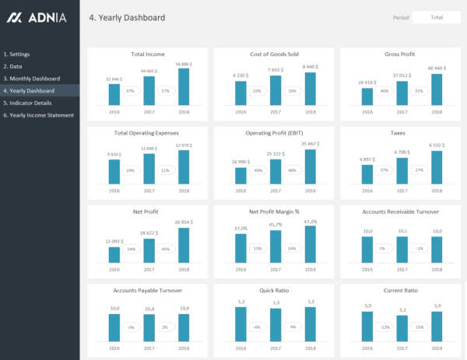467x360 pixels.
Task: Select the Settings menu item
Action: (17, 54)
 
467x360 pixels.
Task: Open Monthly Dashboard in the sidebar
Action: (32, 79)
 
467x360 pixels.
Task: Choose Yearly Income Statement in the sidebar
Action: (39, 115)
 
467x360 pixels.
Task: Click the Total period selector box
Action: (437, 17)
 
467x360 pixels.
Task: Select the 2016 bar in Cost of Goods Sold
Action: (241, 91)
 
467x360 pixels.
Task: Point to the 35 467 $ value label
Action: (310, 144)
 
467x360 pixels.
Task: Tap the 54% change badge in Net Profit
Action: (132, 250)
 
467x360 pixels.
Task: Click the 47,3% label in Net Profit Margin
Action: (310, 222)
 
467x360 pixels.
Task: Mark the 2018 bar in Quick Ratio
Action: (310, 324)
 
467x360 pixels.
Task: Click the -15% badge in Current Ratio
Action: (384, 327)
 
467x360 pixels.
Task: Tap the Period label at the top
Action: (401, 17)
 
